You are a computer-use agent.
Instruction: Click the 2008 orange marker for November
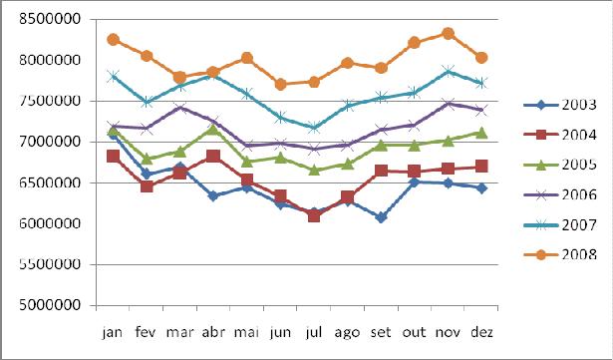click(x=449, y=34)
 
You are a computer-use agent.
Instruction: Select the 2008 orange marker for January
click(x=113, y=40)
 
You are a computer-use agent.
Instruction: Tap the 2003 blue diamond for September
click(x=381, y=217)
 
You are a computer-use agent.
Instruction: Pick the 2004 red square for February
click(x=147, y=186)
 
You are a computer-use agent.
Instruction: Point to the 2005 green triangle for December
click(x=482, y=133)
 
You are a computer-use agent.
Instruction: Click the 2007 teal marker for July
click(x=314, y=128)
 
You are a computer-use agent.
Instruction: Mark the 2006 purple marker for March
click(x=180, y=108)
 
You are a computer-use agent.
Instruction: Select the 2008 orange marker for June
click(x=281, y=84)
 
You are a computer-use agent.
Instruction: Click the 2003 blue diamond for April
click(x=213, y=195)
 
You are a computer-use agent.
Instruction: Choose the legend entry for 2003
click(x=560, y=105)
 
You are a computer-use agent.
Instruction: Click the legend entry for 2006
click(x=560, y=194)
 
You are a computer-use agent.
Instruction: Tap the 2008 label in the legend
click(x=579, y=254)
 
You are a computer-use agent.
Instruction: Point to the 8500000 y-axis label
click(x=50, y=19)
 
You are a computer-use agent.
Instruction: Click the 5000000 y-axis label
click(x=50, y=305)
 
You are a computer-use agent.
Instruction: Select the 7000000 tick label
click(x=50, y=142)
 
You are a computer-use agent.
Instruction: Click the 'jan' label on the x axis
click(x=113, y=332)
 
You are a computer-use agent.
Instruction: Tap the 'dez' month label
click(x=481, y=332)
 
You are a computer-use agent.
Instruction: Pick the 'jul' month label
click(x=314, y=332)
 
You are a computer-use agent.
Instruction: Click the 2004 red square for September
click(x=381, y=171)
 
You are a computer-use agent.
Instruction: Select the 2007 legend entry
click(x=560, y=225)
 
